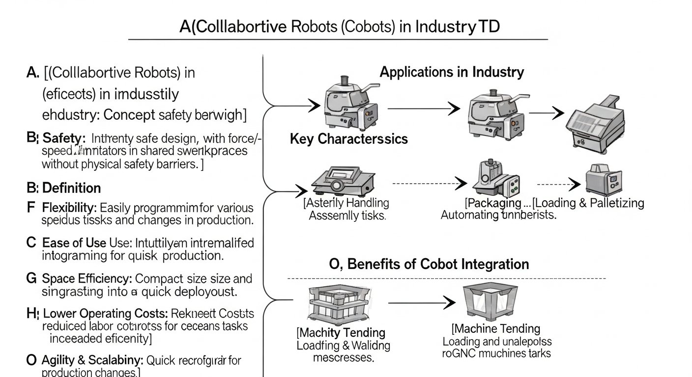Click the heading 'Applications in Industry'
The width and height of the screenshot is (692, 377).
[452, 72]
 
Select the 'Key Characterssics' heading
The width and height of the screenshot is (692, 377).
[349, 139]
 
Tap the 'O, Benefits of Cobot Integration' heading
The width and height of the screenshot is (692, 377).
[429, 264]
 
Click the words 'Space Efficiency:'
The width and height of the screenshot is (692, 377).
[87, 279]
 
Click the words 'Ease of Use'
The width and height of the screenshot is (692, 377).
[74, 242]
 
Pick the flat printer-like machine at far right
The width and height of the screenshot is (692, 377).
[593, 123]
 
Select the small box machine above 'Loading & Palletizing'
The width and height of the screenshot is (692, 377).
[603, 180]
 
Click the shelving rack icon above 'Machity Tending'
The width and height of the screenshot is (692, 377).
[334, 302]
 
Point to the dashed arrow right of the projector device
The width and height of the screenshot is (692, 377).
[430, 184]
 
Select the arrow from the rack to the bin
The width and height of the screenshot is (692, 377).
[422, 303]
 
